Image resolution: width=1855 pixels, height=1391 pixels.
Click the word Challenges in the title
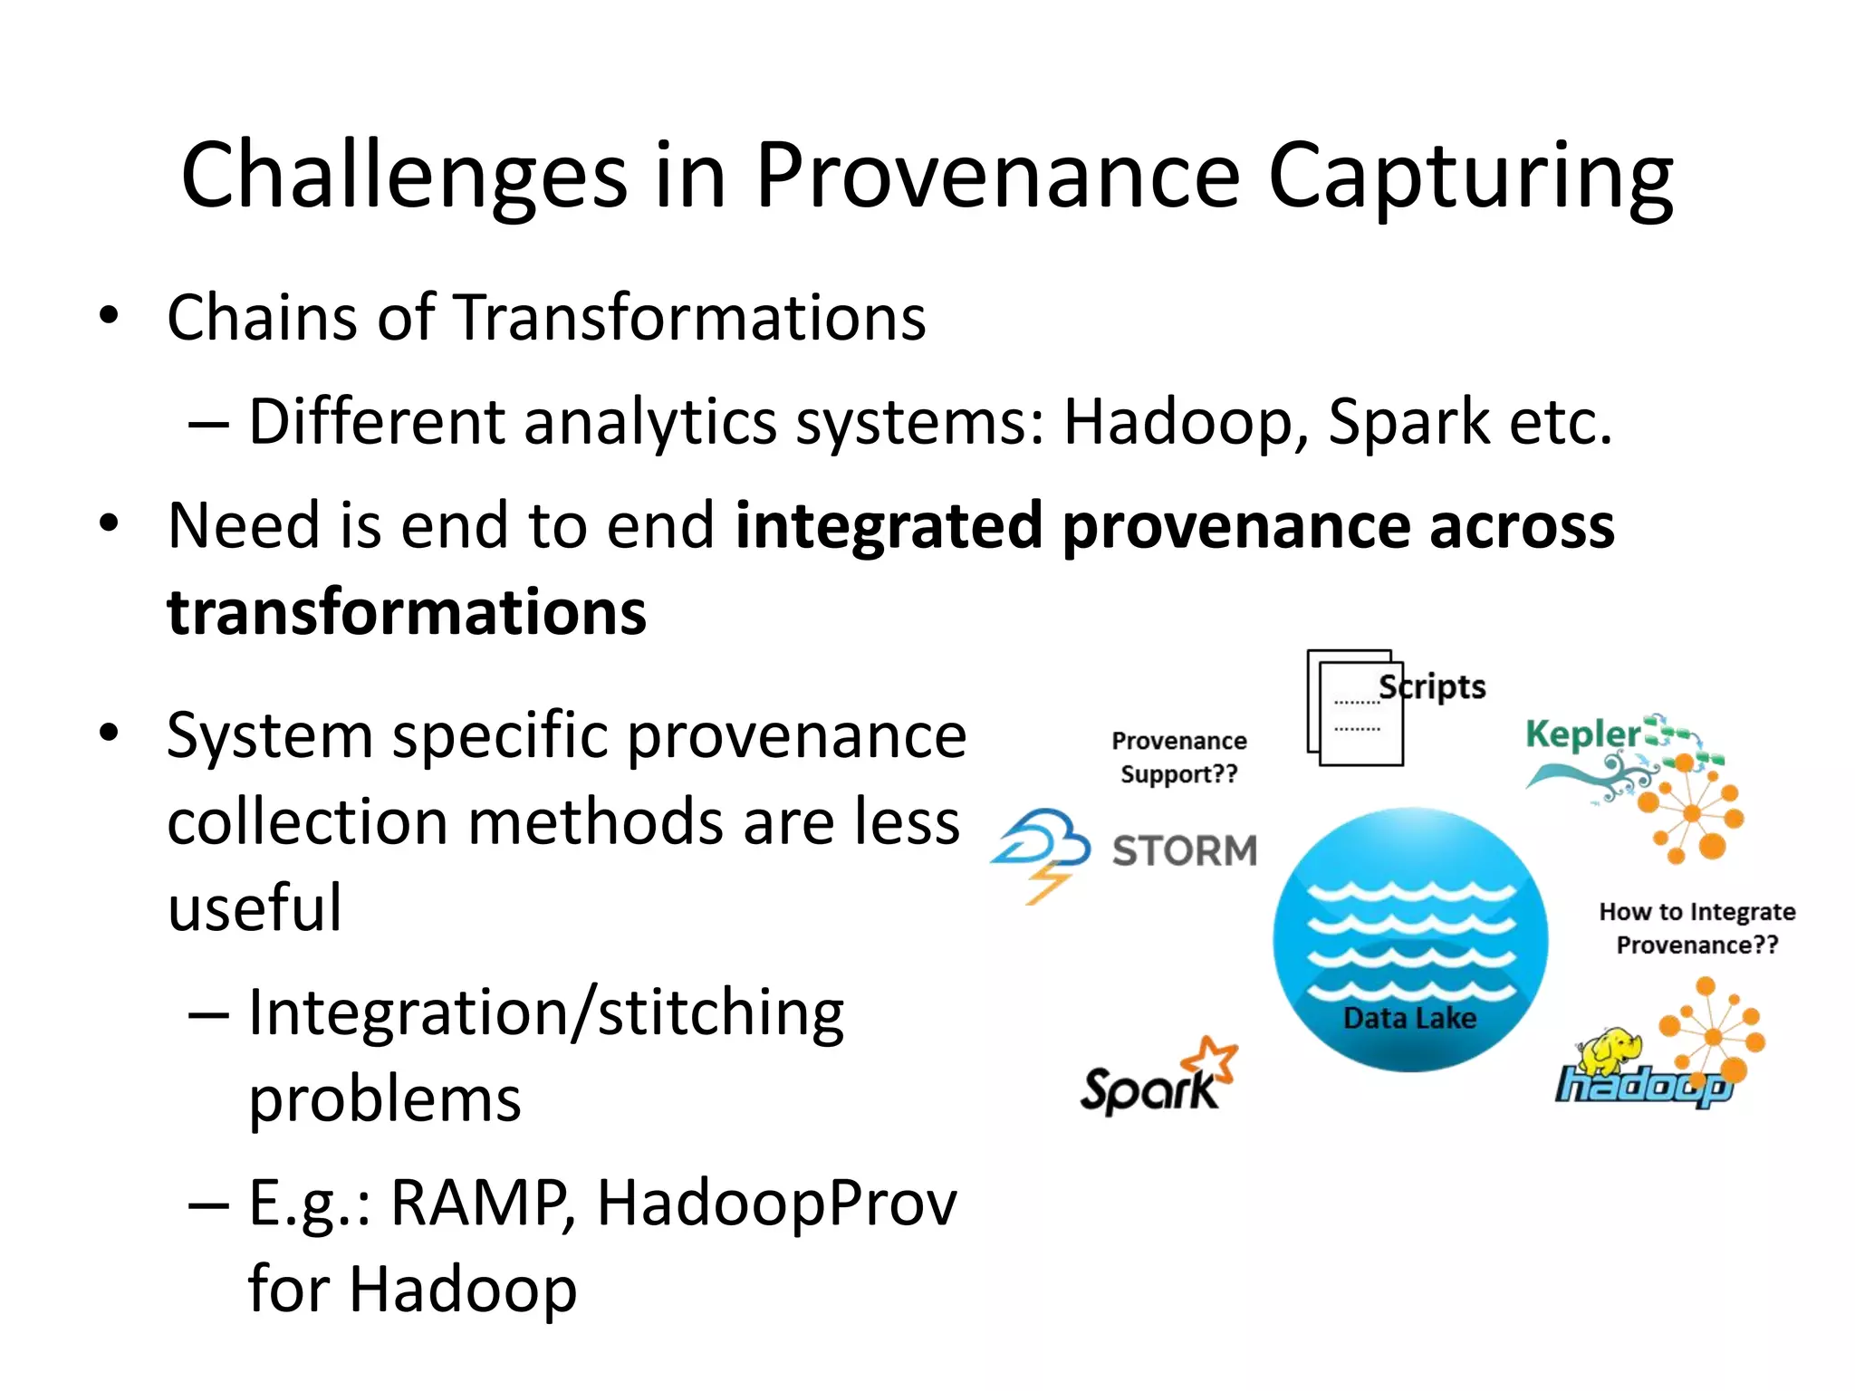point(404,177)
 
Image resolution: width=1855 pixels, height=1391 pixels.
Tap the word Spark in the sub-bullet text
point(1409,423)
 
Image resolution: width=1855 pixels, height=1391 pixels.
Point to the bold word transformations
point(407,612)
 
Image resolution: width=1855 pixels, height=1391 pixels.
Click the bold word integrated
point(889,526)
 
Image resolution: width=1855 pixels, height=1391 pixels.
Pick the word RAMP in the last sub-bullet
point(481,1204)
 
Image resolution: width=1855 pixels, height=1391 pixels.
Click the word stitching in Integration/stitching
point(721,1013)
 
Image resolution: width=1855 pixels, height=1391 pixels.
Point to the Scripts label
point(1433,686)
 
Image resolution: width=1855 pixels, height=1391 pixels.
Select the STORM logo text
point(1185,851)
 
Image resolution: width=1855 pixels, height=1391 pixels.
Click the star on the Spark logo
point(1214,1057)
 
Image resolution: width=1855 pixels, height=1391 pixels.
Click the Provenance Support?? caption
point(1178,757)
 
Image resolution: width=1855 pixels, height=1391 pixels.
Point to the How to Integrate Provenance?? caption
point(1696,928)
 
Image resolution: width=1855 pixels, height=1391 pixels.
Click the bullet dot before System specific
point(110,732)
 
